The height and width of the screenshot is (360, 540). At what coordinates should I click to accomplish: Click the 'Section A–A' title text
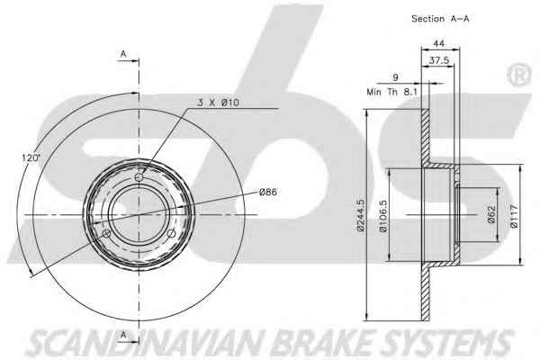coord(440,19)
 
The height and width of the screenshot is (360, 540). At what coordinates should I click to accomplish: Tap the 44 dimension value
coord(438,43)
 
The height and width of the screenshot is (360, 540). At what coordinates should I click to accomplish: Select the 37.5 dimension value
coord(439,60)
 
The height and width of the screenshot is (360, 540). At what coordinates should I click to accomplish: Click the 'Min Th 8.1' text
coord(391,92)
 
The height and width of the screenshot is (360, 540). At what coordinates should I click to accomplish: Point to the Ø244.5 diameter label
coord(360,215)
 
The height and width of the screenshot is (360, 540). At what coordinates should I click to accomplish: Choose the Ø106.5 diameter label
coord(383,216)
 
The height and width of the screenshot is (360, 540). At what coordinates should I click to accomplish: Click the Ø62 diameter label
coord(491,214)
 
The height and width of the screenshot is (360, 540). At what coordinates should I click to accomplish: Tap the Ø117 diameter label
coord(514,216)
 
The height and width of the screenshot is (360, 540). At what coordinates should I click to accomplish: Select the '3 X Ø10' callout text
coord(218,103)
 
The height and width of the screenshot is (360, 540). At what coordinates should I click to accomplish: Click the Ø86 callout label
coord(268,192)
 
